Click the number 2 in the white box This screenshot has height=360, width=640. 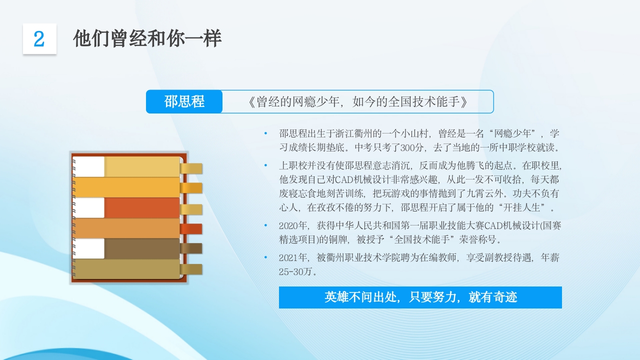tap(39, 39)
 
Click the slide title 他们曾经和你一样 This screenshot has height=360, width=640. tap(147, 38)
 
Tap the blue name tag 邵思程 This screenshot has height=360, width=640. tap(184, 101)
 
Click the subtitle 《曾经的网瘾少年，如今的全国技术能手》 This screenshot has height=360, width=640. tap(357, 101)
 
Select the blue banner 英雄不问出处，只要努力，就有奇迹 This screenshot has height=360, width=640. tap(420, 297)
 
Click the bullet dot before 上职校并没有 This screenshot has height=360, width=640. tap(266, 165)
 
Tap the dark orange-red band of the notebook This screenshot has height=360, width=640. tap(142, 208)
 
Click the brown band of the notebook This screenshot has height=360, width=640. tap(142, 249)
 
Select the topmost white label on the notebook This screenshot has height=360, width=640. tap(89, 166)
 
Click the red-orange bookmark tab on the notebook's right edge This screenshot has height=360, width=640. tap(191, 228)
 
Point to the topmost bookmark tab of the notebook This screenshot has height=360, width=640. tap(191, 168)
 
